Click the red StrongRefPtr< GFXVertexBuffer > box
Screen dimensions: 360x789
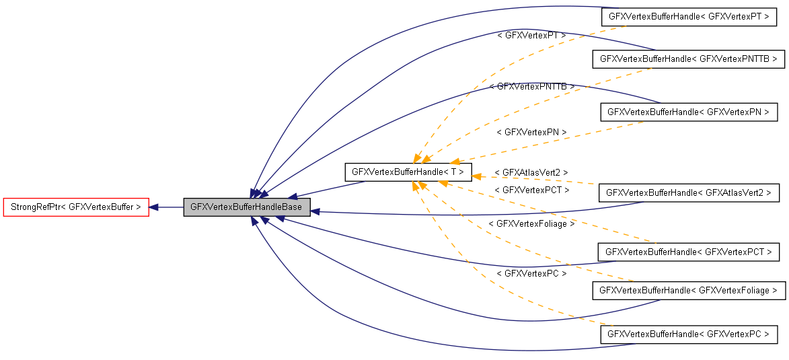75,207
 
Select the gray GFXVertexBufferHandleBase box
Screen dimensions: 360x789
246,207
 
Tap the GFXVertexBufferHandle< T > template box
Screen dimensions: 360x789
408,172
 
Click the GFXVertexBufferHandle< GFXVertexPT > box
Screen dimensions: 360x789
689,17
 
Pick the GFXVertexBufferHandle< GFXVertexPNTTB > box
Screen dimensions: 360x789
688,59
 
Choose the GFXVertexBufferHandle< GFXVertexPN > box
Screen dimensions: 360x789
689,112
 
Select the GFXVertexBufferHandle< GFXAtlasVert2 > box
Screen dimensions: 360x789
689,193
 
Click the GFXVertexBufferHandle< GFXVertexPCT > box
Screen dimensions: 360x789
689,252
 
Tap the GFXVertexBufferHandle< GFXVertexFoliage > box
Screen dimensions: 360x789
688,290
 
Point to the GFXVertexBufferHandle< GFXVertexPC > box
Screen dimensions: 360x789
689,334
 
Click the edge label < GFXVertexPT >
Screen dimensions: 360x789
531,34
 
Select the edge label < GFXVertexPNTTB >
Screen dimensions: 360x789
532,87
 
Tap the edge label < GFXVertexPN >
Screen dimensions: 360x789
531,132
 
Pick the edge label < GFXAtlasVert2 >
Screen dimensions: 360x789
531,173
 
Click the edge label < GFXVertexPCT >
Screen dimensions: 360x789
531,190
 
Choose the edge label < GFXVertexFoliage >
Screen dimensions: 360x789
531,223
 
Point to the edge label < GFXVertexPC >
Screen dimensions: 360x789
531,273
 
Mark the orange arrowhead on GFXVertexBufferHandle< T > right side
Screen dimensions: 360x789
476,176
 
